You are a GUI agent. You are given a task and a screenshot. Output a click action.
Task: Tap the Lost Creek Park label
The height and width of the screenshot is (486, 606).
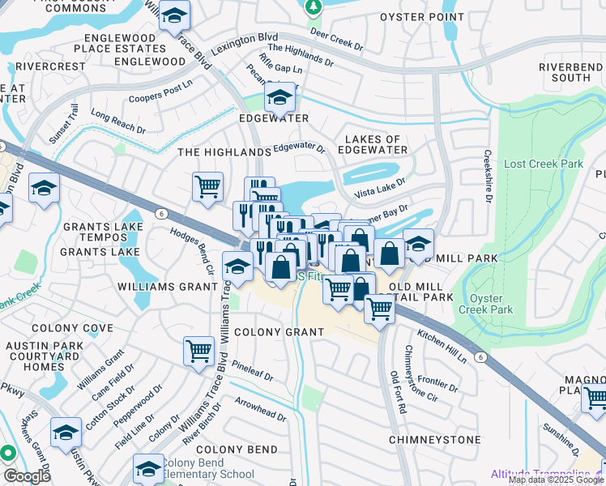coord(543,164)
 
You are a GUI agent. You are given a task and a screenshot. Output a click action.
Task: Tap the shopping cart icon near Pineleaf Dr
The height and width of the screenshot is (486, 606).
coord(198,351)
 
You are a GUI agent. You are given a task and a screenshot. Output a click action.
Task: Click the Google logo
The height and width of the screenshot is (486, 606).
coord(27,476)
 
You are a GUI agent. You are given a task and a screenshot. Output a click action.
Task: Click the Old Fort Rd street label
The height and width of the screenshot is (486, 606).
coord(396,390)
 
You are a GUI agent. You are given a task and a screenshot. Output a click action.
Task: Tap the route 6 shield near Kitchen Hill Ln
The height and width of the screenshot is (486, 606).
coord(480,356)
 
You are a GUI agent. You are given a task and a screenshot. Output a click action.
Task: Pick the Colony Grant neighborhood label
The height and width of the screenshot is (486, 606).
coord(279,332)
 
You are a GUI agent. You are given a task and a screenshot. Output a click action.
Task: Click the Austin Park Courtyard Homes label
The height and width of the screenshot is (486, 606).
coord(35,356)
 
